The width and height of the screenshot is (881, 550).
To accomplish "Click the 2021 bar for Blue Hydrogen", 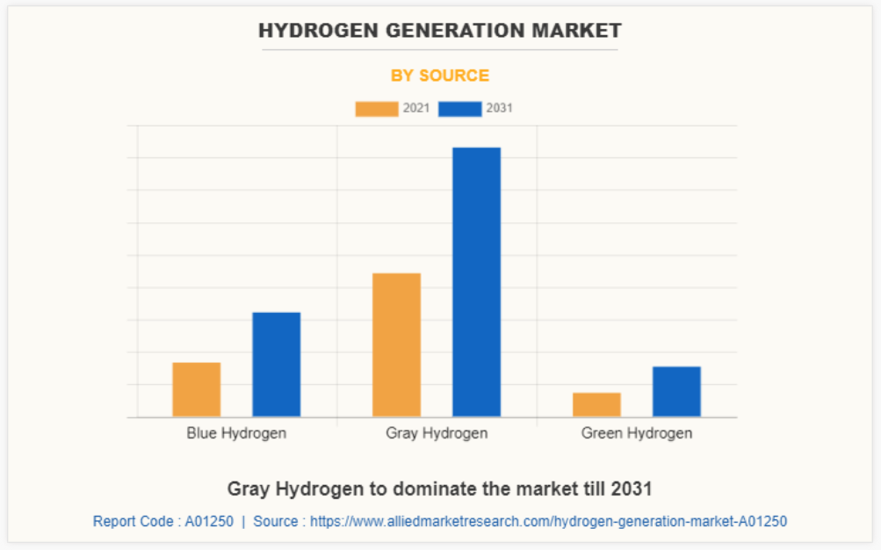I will tap(196, 389).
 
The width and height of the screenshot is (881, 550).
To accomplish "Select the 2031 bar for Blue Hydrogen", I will tap(276, 364).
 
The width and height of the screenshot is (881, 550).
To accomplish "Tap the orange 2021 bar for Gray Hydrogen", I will tap(396, 344).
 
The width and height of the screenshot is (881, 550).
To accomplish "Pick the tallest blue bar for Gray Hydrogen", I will tap(476, 281).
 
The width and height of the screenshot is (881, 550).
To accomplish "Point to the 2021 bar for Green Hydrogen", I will tap(596, 404).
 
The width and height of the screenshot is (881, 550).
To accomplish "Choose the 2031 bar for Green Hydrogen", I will tap(676, 391).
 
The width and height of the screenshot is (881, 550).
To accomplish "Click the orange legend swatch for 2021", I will tap(376, 109).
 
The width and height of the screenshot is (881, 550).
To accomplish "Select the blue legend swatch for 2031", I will tap(459, 109).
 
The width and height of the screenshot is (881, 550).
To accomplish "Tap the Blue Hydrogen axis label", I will tap(236, 433).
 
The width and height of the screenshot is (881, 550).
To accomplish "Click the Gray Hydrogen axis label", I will tap(437, 433).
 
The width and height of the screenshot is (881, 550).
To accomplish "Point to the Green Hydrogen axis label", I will tap(636, 433).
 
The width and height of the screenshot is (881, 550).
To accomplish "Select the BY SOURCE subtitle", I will tap(440, 76).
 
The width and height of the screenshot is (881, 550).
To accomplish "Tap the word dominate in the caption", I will tap(459, 488).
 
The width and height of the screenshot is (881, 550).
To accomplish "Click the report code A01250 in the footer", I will tap(209, 521).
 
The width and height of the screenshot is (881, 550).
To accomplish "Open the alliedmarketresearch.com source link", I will tap(548, 521).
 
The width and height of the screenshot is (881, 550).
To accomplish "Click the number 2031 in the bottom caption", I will tap(632, 488).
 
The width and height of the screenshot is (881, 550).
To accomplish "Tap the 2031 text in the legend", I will tap(499, 109).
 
